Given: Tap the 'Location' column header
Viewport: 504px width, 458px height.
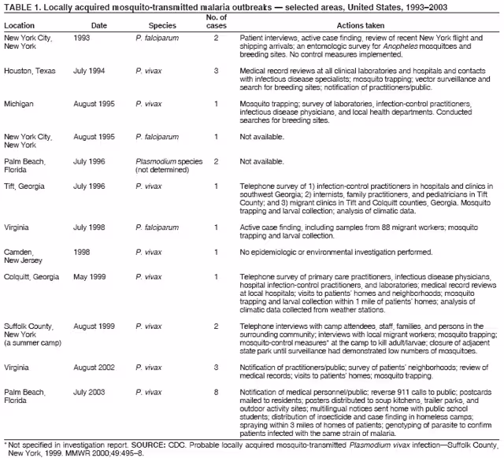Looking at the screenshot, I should coord(19,25).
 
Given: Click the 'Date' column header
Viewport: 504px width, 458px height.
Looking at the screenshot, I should coord(99,25).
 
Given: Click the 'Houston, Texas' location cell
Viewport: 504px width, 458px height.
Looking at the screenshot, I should coord(30,71).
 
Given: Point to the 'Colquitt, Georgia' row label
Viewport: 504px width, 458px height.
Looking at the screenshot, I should coord(31,277).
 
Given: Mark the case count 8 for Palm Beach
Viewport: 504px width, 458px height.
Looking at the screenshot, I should coord(216,391).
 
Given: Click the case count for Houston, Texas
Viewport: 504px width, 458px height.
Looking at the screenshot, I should coord(216,71).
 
